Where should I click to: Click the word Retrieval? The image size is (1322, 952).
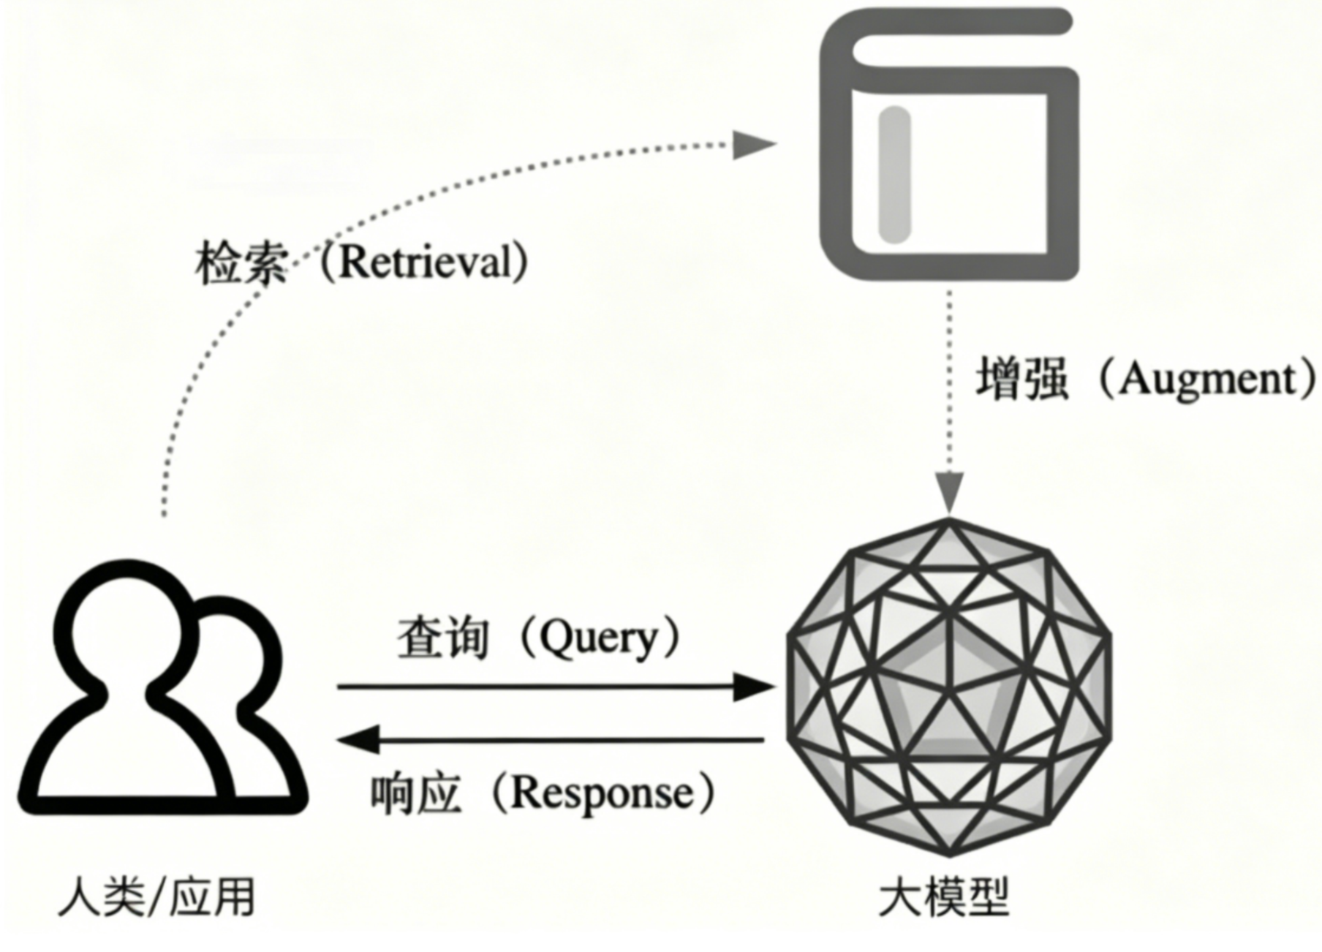(426, 262)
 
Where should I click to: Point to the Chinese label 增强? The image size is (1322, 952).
(1023, 378)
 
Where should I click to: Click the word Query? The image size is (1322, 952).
(600, 638)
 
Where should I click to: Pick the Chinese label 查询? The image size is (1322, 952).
(443, 638)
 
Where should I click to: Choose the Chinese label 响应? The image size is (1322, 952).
(416, 794)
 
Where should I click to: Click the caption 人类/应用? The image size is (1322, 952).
(156, 896)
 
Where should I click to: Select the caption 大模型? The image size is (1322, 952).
(943, 896)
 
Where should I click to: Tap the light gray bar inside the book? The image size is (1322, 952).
(894, 174)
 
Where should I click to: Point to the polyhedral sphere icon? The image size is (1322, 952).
(948, 687)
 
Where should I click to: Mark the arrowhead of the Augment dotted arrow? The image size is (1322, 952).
(949, 492)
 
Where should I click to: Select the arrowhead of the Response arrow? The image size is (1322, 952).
(358, 739)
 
